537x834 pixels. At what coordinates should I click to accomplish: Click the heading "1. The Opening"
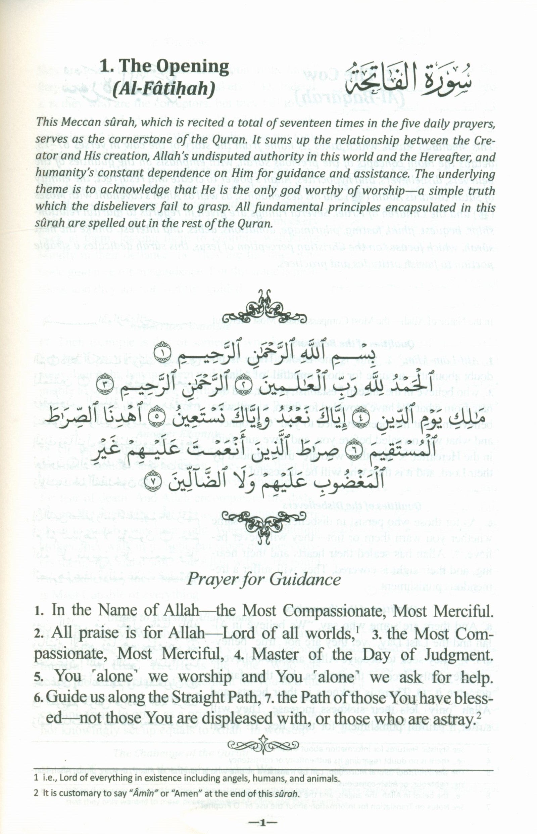tap(164, 66)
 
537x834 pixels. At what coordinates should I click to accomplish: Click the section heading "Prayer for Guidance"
tap(264, 580)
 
